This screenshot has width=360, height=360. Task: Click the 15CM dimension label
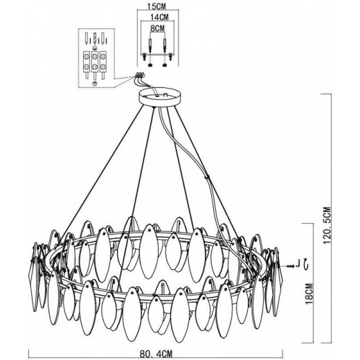tap(156, 6)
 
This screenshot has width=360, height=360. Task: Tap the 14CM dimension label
tap(159, 17)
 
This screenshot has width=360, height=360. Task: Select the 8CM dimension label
tap(157, 28)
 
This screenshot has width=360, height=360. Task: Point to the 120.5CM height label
tap(327, 226)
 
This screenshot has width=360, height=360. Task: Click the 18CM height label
tap(309, 294)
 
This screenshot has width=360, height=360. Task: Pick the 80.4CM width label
tap(156, 354)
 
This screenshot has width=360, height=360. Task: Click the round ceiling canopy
tap(159, 97)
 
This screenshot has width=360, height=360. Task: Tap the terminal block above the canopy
tap(140, 75)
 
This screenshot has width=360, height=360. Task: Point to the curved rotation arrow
tap(307, 264)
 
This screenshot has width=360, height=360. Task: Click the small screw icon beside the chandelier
tap(291, 266)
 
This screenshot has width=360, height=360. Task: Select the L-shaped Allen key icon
tap(298, 263)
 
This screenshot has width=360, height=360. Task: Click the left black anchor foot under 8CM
tap(150, 65)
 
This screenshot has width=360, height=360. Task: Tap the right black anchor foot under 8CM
tap(165, 65)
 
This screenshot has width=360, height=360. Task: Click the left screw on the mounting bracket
tap(145, 56)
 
